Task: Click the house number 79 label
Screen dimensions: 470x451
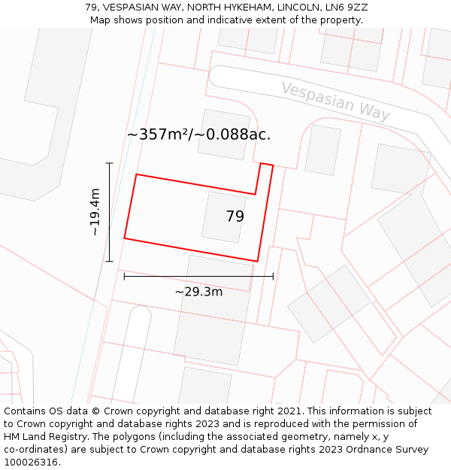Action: (235, 217)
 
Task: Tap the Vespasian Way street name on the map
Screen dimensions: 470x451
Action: (335, 101)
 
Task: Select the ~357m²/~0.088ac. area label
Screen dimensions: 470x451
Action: (198, 135)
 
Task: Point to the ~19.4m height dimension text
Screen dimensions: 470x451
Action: (95, 212)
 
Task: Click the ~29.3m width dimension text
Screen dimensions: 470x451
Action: (198, 292)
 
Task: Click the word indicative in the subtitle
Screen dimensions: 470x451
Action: (234, 20)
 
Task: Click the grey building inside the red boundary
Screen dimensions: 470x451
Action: (223, 217)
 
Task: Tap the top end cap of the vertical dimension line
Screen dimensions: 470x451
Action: (110, 163)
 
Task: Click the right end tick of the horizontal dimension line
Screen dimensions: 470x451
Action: (273, 277)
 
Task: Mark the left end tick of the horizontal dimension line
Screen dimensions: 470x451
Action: (124, 277)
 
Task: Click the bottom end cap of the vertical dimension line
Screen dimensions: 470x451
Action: (110, 262)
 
